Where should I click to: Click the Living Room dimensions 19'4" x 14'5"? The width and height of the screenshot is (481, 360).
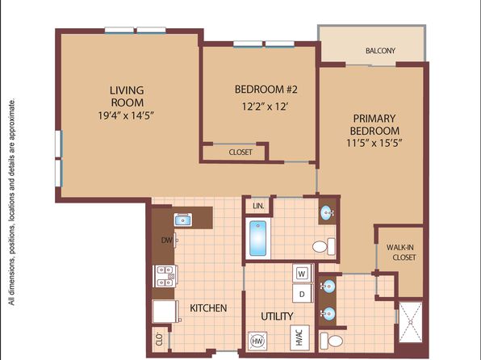coord(125,115)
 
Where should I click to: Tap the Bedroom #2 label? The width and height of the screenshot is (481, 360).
coord(266,90)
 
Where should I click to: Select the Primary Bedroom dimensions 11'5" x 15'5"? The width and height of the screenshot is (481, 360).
coord(374,143)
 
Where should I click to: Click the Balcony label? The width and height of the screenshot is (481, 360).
coord(380,51)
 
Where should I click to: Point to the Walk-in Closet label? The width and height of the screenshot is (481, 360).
coord(401,252)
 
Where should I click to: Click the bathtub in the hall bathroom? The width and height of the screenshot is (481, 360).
coord(257,238)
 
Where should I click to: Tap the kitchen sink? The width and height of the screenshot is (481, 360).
coord(183,220)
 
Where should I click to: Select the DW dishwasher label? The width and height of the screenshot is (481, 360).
coord(167,240)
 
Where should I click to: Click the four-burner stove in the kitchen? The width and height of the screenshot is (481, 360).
coord(165,276)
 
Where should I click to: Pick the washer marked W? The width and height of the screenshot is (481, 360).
coord(302,273)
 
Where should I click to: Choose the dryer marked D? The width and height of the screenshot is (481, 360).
coord(302,294)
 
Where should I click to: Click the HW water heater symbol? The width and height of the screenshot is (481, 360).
coord(257,341)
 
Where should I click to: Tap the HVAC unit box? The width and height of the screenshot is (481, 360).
coord(299,337)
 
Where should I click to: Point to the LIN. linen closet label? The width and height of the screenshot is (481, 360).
coord(258,206)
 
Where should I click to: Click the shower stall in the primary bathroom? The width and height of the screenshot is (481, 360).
coord(411,322)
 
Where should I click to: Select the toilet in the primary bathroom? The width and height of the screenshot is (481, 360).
coord(331,341)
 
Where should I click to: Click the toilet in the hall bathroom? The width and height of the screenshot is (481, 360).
coord(324,246)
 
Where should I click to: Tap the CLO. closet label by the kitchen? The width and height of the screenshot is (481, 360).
coord(159,339)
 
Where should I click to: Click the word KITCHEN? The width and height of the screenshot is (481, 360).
coord(208,308)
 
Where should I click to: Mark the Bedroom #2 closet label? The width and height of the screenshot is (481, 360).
coord(240,153)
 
